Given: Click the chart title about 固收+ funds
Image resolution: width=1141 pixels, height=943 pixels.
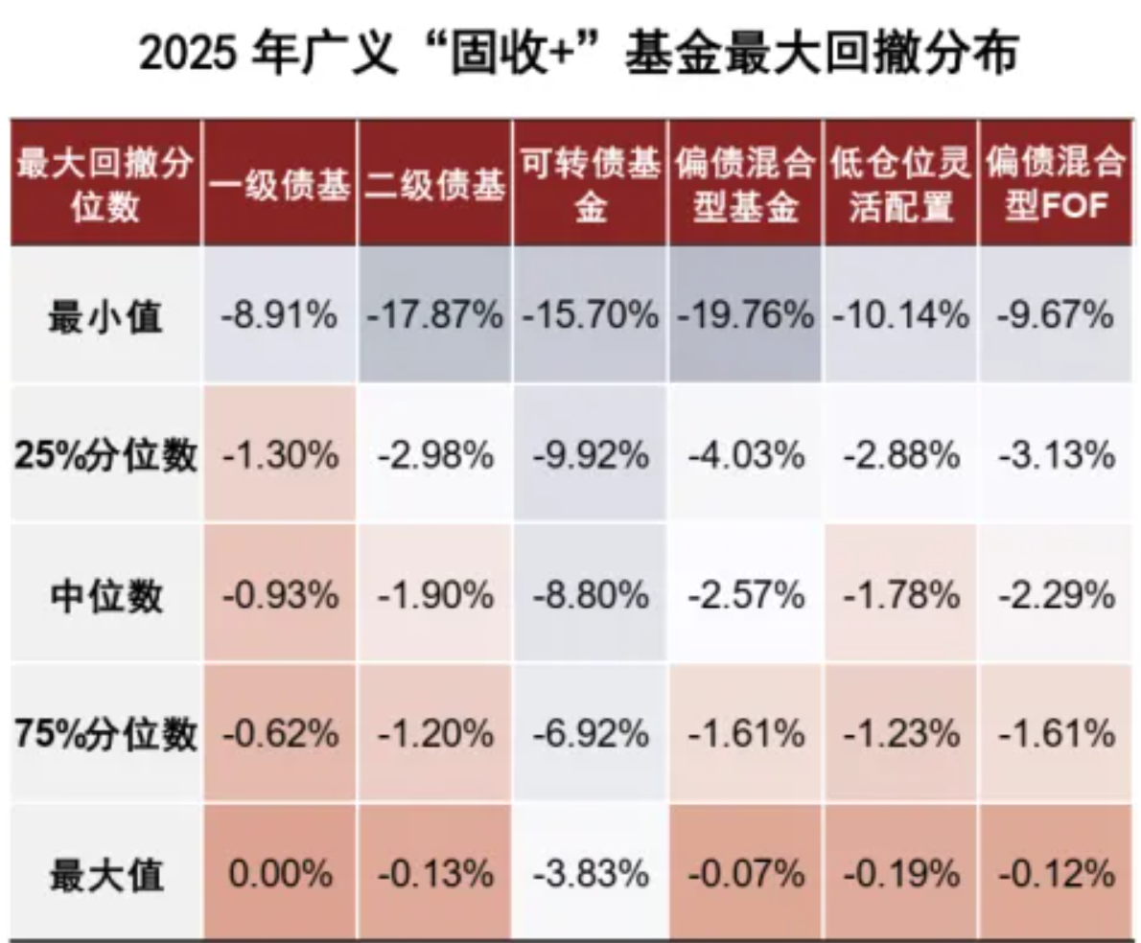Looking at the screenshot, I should click(576, 56).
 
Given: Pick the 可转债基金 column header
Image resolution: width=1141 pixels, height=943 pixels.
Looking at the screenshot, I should click(591, 185).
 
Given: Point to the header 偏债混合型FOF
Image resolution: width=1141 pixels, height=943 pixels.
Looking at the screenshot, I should click(1056, 185).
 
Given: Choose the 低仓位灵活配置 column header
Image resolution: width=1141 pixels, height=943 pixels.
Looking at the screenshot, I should click(901, 185).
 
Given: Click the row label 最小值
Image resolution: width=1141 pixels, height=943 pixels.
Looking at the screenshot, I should click(105, 316).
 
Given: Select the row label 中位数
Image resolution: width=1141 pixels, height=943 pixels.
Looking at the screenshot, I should click(105, 595).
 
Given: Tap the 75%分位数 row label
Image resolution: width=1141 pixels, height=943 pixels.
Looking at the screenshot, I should click(105, 734).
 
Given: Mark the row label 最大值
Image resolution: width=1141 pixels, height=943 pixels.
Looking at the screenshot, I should click(105, 874).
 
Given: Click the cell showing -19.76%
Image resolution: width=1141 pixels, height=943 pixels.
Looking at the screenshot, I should click(746, 316).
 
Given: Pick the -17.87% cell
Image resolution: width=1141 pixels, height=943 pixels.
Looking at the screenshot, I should click(434, 316).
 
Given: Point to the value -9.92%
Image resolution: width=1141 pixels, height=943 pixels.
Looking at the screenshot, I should click(591, 455).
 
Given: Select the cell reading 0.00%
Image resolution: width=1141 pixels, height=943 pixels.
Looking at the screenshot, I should click(280, 874).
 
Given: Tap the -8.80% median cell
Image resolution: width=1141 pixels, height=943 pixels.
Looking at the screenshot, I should click(591, 595).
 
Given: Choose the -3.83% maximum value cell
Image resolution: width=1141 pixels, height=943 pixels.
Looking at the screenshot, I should click(591, 874).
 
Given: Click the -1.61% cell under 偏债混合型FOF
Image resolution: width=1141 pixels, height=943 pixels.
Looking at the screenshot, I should click(1056, 734).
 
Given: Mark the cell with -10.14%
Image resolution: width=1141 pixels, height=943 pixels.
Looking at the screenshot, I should click(901, 316).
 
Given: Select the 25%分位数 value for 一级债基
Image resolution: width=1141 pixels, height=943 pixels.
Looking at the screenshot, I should click(280, 455).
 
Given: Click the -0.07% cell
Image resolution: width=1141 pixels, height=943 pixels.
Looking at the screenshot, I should click(746, 874).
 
